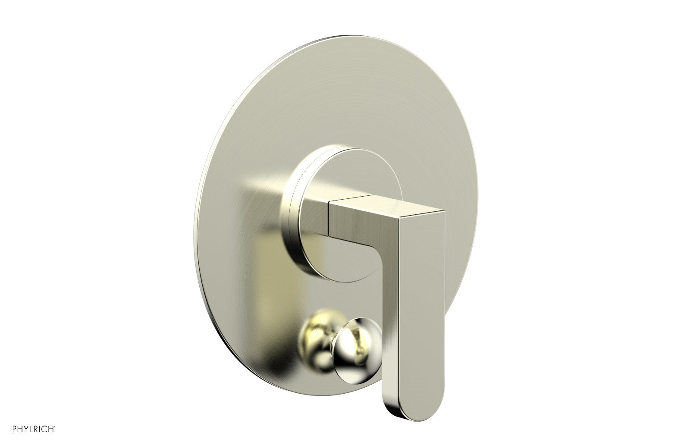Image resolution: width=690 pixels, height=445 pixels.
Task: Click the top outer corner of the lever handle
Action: click(x=442, y=210)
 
